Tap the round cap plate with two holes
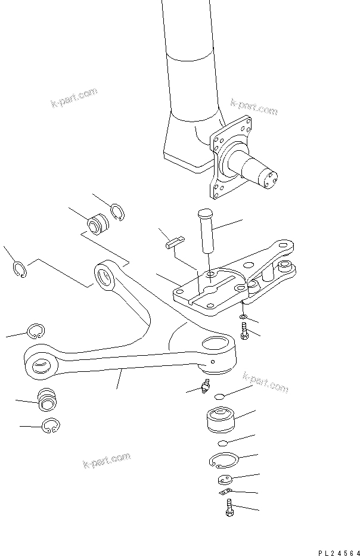pyautogui.click(x=225, y=480)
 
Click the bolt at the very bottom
pyautogui.click(x=230, y=508)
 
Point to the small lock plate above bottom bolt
pyautogui.click(x=225, y=492)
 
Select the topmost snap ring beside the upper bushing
pyautogui.click(x=117, y=212)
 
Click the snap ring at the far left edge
pyautogui.click(x=20, y=270)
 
